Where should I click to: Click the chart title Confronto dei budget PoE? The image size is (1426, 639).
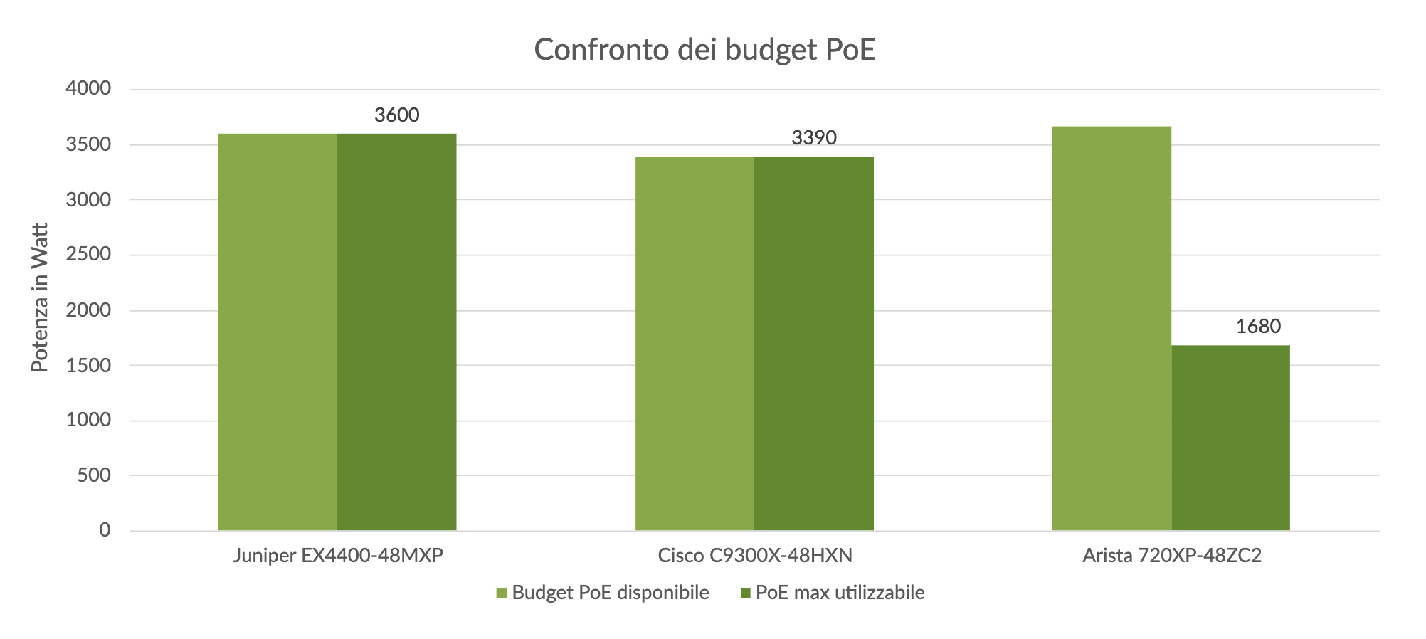click(704, 50)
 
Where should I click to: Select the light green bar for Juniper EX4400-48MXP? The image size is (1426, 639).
click(278, 332)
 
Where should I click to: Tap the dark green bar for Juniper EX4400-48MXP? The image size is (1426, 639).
click(396, 332)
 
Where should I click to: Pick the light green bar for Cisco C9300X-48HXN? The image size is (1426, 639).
click(694, 343)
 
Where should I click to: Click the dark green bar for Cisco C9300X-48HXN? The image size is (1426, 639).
click(813, 343)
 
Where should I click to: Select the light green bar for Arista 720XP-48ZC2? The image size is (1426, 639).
click(1111, 328)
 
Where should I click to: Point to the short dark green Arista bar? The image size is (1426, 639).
click(1230, 438)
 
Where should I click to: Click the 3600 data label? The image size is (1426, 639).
click(397, 115)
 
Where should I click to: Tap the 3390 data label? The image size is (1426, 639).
click(814, 137)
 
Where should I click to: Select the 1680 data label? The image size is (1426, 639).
click(1258, 327)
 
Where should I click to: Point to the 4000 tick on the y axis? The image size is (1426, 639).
click(89, 89)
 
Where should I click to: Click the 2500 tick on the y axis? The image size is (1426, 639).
click(89, 255)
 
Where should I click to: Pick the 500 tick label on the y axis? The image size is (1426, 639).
click(95, 475)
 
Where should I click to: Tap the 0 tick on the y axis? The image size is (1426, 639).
click(105, 530)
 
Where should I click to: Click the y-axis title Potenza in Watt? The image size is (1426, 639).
click(40, 297)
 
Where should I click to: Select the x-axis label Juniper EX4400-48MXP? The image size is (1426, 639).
click(338, 556)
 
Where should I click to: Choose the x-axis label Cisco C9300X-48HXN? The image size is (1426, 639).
click(755, 556)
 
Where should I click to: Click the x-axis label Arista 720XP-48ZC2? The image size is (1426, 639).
click(1172, 556)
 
